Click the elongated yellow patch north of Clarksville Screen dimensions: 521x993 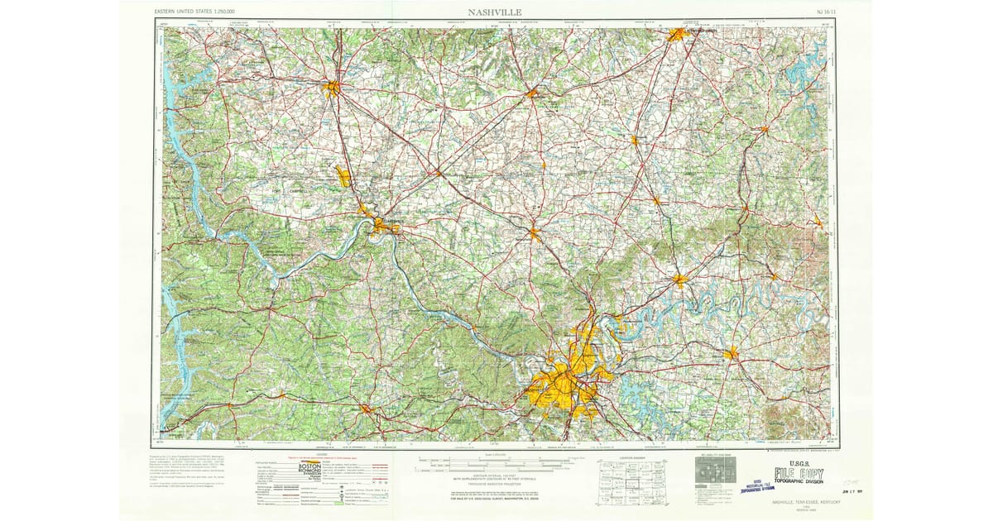343,175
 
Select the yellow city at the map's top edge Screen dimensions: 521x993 678,35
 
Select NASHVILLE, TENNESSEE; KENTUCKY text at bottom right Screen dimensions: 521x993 800,501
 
